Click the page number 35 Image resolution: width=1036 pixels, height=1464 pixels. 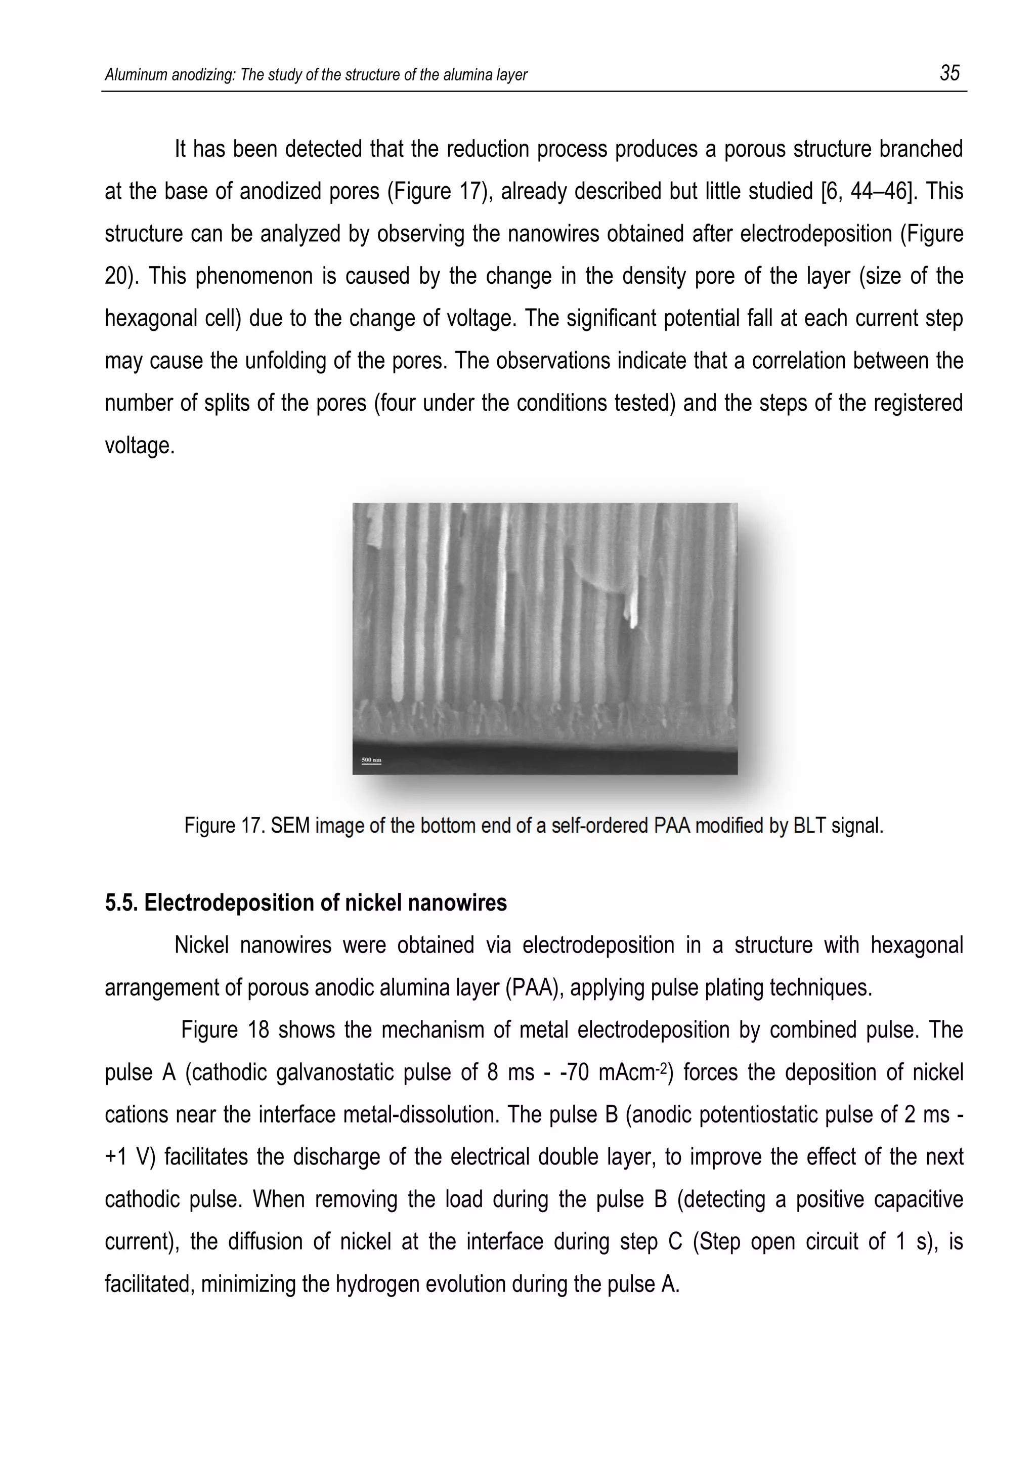[949, 73]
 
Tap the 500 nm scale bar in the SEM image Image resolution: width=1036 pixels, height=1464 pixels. [371, 760]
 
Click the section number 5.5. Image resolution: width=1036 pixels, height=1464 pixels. [122, 902]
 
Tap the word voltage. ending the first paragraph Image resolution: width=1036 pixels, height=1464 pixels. [140, 445]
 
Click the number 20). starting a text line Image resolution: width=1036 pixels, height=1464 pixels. [122, 276]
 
